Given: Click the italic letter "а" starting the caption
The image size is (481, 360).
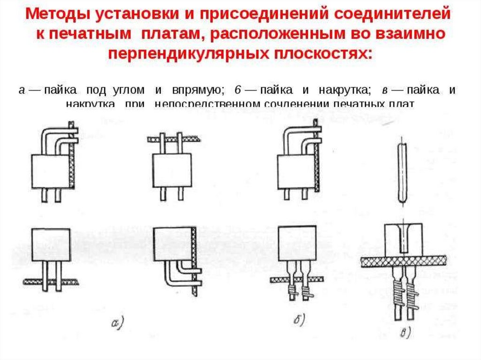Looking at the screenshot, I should tap(22, 90).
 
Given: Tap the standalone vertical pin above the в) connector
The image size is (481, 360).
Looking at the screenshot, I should tap(402, 173).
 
